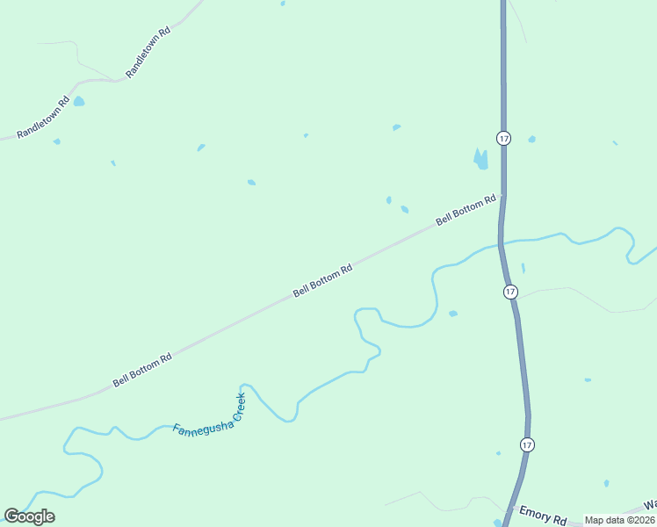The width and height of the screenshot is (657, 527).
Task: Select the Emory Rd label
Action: click(543, 516)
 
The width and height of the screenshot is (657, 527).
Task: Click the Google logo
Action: click(29, 516)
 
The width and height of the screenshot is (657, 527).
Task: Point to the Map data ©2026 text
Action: click(619, 520)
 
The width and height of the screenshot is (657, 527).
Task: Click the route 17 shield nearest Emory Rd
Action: click(526, 445)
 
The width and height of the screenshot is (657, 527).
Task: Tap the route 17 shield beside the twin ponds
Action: click(503, 138)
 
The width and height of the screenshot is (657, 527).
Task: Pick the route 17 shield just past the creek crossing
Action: click(510, 291)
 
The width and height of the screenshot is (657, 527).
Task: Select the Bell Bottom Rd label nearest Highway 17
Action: click(466, 210)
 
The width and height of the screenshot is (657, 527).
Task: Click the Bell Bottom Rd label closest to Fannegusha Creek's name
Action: click(142, 372)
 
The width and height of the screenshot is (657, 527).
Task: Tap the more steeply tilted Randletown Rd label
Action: click(148, 53)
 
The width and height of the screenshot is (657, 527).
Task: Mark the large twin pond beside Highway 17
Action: click(480, 159)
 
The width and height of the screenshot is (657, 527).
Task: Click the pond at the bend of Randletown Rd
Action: click(79, 102)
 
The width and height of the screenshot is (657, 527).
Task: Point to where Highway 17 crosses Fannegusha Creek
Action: click(500, 242)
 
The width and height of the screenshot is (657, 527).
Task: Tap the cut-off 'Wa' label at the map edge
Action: click(650, 505)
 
